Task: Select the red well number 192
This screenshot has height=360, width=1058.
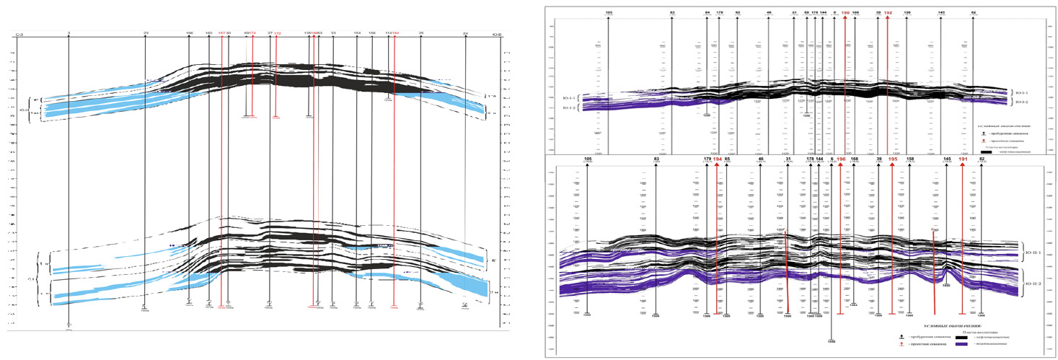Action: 888,12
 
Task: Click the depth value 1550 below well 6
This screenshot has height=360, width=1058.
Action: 831,340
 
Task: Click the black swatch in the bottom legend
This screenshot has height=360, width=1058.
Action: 962,336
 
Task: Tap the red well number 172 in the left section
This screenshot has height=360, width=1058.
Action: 277,34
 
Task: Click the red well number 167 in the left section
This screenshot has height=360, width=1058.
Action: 221,33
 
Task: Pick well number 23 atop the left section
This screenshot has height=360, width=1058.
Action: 146,33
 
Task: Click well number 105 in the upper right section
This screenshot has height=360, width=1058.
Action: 609,13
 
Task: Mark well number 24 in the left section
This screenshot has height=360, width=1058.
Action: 466,33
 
